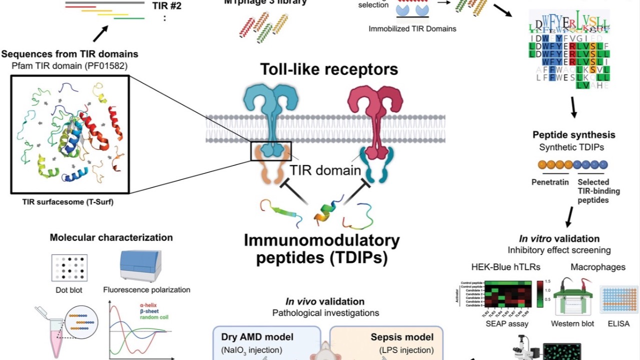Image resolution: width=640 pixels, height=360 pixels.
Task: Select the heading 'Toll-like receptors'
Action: click(x=329, y=69)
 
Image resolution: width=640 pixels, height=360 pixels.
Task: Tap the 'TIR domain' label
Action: click(x=325, y=170)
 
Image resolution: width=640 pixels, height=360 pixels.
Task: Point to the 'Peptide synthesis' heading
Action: click(x=573, y=135)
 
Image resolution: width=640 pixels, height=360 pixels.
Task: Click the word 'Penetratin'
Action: click(x=550, y=182)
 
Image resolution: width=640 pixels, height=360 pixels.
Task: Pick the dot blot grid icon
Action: click(x=69, y=267)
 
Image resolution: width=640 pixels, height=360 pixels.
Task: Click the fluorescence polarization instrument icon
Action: click(x=140, y=265)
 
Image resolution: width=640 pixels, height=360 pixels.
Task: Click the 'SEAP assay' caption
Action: click(x=499, y=324)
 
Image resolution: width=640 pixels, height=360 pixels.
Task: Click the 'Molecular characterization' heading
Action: click(x=111, y=237)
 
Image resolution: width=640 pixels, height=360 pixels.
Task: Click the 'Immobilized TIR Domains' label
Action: click(x=412, y=28)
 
